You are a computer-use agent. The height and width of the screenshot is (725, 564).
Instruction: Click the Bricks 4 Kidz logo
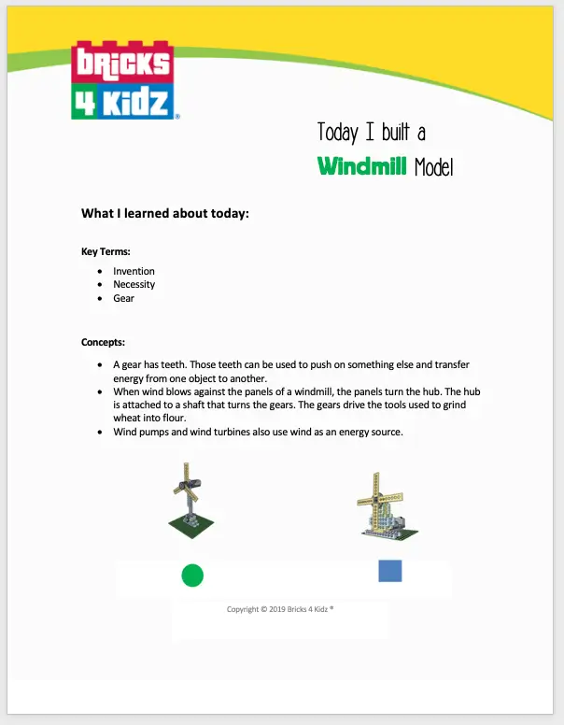click(122, 78)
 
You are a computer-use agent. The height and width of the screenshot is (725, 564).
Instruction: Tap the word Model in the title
click(433, 166)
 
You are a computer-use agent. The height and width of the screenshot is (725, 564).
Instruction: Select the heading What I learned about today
click(165, 214)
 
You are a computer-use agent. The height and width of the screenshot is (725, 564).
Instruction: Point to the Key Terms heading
click(106, 251)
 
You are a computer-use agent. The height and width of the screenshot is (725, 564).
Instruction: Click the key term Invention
click(134, 271)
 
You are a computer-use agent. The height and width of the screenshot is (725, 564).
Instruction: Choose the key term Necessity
click(134, 284)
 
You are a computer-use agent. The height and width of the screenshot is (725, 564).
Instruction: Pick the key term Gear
click(123, 298)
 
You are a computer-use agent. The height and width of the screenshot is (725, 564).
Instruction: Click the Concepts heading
click(103, 342)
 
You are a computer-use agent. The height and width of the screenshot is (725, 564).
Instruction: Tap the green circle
click(192, 576)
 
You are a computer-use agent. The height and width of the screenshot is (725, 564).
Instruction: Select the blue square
click(390, 571)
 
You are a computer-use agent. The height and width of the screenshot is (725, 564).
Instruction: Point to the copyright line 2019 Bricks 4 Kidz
click(280, 609)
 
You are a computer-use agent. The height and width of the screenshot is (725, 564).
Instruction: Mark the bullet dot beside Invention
click(100, 271)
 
